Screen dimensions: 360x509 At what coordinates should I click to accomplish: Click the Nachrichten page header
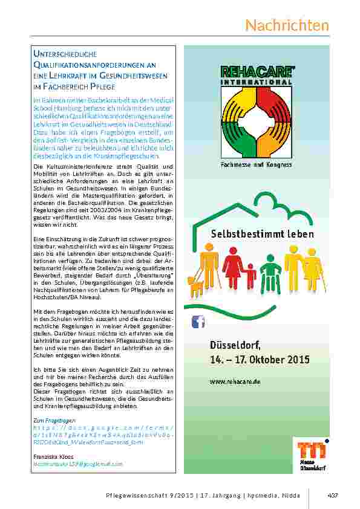click(x=287, y=25)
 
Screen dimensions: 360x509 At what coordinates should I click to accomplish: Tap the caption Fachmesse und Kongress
click(x=256, y=164)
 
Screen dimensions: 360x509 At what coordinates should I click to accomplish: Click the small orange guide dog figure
click(x=197, y=287)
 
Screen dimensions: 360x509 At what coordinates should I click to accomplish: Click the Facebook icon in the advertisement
click(x=198, y=322)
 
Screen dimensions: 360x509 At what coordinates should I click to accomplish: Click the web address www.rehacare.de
click(x=235, y=382)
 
